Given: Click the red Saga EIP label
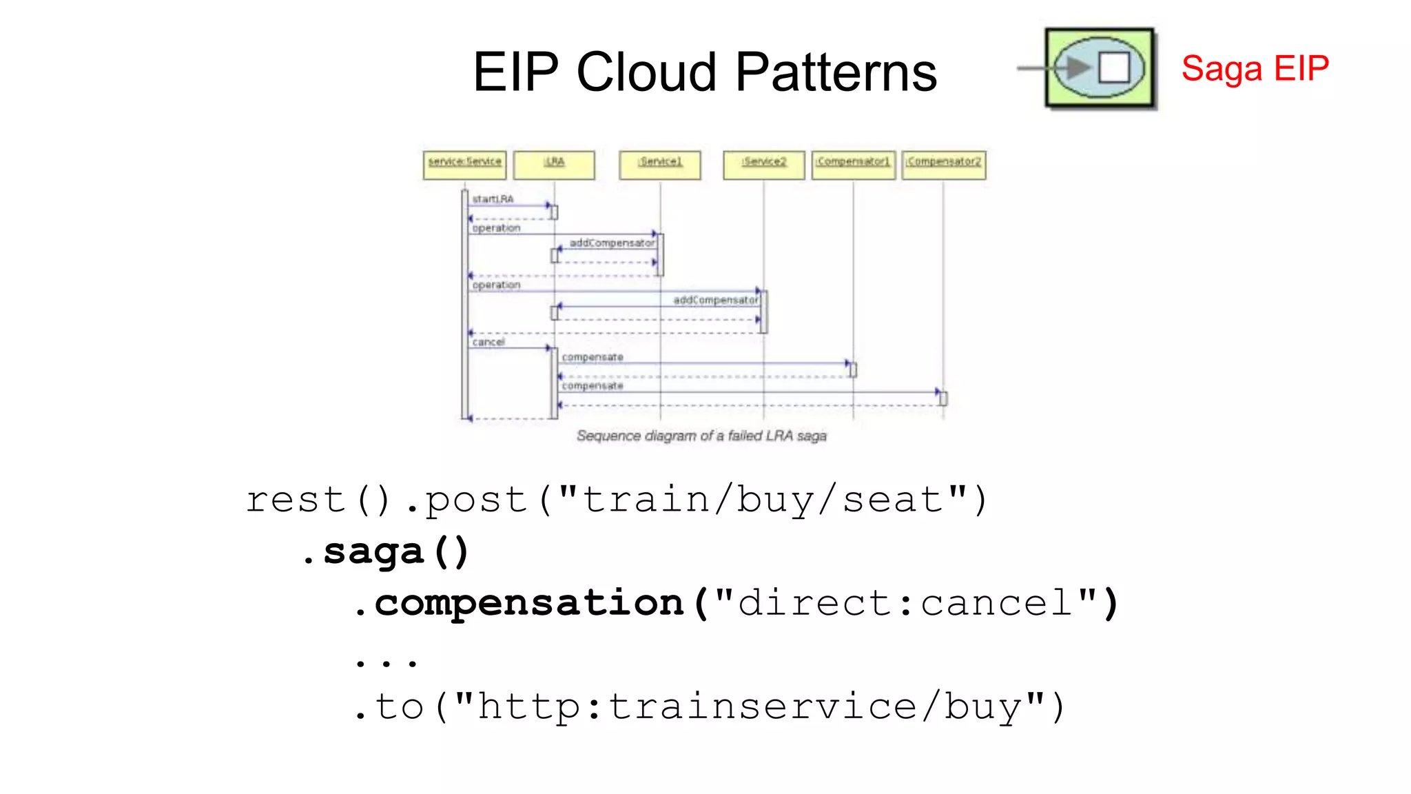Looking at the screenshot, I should point(1255,68).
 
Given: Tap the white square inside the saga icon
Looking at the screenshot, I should point(1113,68).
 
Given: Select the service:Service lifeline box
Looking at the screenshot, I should point(464,165).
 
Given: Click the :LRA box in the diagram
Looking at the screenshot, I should point(554,165).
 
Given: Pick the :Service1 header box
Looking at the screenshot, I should point(659,165).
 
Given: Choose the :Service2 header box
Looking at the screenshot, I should point(763,165).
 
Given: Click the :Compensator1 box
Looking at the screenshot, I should point(853,165).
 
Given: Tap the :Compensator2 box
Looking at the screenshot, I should point(943,165).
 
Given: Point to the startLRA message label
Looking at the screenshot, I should point(493,198).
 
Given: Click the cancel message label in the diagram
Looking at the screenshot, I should point(488,342).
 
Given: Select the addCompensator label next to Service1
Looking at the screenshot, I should point(612,243).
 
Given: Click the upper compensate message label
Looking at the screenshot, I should point(592,357).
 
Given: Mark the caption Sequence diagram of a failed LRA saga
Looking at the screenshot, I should point(701,436).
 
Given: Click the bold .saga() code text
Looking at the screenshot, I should point(386,551).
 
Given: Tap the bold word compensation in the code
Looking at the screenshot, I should point(528,602).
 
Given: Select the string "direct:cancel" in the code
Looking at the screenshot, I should point(905,602).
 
